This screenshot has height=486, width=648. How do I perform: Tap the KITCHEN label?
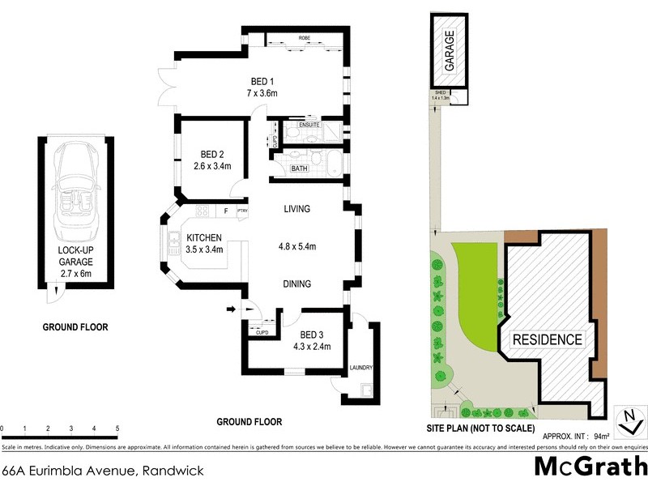(205, 237)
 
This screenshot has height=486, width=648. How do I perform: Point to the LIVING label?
(297, 210)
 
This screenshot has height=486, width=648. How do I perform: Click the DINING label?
(296, 283)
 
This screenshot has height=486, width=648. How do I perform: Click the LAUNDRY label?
(360, 369)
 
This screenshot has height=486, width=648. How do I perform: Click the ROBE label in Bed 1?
(305, 38)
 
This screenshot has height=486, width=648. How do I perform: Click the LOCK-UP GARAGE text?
(75, 257)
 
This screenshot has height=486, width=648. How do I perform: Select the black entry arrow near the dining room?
(231, 309)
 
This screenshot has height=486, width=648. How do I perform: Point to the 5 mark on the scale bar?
(117, 428)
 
